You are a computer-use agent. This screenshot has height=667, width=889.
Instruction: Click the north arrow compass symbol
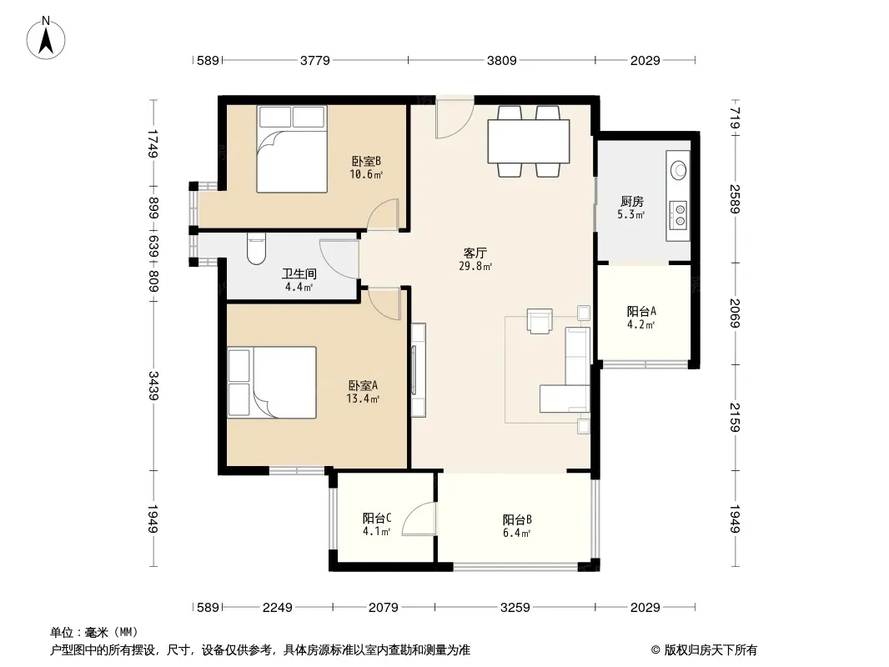coord(46,38)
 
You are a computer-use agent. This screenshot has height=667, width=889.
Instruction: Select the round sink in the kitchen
coord(678,169)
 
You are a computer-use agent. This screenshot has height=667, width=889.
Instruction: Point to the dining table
coord(529,141)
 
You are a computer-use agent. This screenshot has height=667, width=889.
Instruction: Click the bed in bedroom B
coord(291,148)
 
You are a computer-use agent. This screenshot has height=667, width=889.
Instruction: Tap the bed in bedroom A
coord(272,383)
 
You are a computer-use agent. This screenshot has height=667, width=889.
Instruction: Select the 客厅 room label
coord(475,253)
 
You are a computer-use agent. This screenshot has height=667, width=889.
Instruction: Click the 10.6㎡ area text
coord(366,174)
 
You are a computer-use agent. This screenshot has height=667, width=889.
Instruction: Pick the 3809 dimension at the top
coord(502,60)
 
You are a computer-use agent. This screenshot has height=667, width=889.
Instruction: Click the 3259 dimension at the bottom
coord(515,608)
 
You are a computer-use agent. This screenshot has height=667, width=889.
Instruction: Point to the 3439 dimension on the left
coord(153,385)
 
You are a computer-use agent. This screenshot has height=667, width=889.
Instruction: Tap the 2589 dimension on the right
coord(735,198)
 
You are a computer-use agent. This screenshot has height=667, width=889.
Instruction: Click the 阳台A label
coord(641,311)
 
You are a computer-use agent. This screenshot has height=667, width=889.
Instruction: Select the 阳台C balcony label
coord(377,518)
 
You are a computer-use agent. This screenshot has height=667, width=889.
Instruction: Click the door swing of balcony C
coord(419,519)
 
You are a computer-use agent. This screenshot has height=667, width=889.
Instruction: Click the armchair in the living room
coord(540,321)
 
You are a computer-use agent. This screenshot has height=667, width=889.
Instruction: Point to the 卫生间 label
coord(299,273)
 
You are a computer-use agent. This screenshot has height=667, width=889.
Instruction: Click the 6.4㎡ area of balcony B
coord(516,534)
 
